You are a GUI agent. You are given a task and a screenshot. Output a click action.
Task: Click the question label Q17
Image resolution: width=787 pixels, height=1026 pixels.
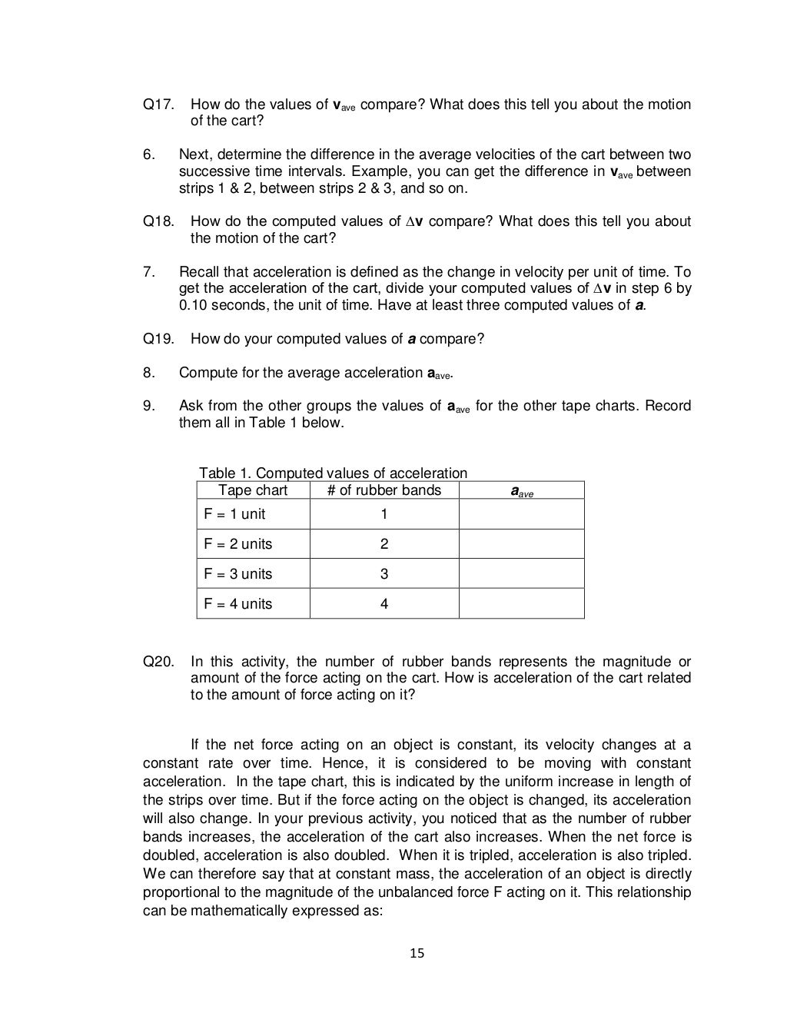(159, 105)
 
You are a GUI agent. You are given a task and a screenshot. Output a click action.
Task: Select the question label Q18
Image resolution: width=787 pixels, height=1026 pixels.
(159, 221)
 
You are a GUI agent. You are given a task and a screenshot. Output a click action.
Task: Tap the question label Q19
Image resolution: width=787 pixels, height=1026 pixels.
(159, 339)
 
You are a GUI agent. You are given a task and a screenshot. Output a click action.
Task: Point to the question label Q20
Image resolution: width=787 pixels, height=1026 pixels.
(159, 662)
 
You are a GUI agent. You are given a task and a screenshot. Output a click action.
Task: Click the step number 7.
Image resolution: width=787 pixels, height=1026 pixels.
(148, 272)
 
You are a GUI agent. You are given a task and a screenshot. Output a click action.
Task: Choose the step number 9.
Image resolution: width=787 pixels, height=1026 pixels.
(148, 406)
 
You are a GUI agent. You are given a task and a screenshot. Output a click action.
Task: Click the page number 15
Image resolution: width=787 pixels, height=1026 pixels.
(417, 954)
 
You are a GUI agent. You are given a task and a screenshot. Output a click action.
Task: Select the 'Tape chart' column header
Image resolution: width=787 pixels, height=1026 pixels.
(253, 490)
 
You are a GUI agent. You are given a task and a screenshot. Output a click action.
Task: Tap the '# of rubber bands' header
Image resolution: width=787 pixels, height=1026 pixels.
(384, 490)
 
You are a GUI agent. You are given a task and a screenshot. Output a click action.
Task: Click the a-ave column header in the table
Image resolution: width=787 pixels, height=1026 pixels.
(522, 491)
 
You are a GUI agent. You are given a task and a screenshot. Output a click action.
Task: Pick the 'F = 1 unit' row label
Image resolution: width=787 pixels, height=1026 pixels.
(234, 514)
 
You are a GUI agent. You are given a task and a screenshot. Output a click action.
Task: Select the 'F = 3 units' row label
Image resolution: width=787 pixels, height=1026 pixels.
(237, 574)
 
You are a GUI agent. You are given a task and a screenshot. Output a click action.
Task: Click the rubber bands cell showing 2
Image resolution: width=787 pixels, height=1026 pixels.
(384, 544)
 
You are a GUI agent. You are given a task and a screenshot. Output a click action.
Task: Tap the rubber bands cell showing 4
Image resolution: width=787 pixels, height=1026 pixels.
(384, 604)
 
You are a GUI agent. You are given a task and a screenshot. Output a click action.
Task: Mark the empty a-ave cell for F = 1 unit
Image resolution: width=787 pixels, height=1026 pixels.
(522, 514)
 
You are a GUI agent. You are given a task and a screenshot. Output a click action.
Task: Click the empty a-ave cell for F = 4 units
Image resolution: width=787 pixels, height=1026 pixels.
(522, 604)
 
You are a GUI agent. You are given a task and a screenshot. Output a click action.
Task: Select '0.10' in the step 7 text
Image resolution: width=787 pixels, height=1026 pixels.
(193, 305)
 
